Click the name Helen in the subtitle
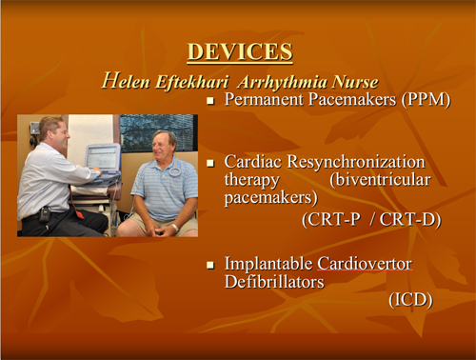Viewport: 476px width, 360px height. [x=126, y=82]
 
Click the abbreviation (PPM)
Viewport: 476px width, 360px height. [x=425, y=99]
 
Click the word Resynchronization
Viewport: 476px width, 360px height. [x=367, y=163]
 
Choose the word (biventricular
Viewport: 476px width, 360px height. [x=393, y=180]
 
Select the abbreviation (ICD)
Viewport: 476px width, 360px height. [x=410, y=300]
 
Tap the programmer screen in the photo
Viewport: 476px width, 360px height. [x=102, y=159]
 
